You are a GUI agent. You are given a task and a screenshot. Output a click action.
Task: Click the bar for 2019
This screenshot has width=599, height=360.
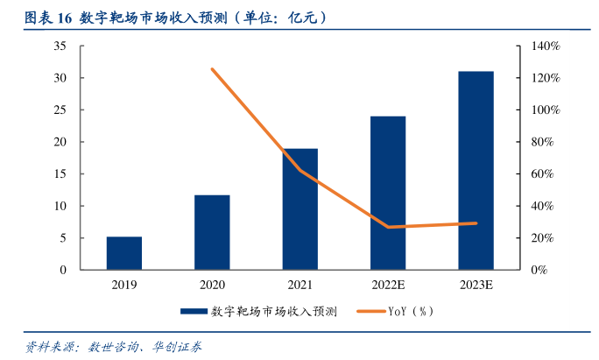(124, 253)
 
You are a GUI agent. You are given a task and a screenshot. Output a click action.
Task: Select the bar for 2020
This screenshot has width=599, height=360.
(212, 232)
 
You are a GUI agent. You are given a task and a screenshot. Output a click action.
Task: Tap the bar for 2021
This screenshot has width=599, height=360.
(299, 209)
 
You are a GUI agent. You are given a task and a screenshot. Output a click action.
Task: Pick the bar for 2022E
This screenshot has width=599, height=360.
(387, 193)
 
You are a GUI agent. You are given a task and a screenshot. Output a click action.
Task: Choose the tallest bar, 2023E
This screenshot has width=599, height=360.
(476, 170)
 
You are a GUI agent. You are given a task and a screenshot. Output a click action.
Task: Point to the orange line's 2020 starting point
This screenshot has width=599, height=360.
(213, 69)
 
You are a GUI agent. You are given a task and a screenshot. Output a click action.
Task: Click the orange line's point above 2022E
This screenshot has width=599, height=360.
(388, 227)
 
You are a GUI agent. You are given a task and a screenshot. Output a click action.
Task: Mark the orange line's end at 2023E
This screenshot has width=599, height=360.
(476, 223)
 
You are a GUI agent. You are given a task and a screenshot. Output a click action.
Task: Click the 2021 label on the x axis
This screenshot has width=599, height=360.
(299, 284)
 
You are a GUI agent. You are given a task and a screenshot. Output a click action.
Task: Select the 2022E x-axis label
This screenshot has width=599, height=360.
(387, 284)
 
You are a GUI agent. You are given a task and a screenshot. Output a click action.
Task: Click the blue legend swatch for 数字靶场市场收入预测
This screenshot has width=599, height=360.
(194, 311)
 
